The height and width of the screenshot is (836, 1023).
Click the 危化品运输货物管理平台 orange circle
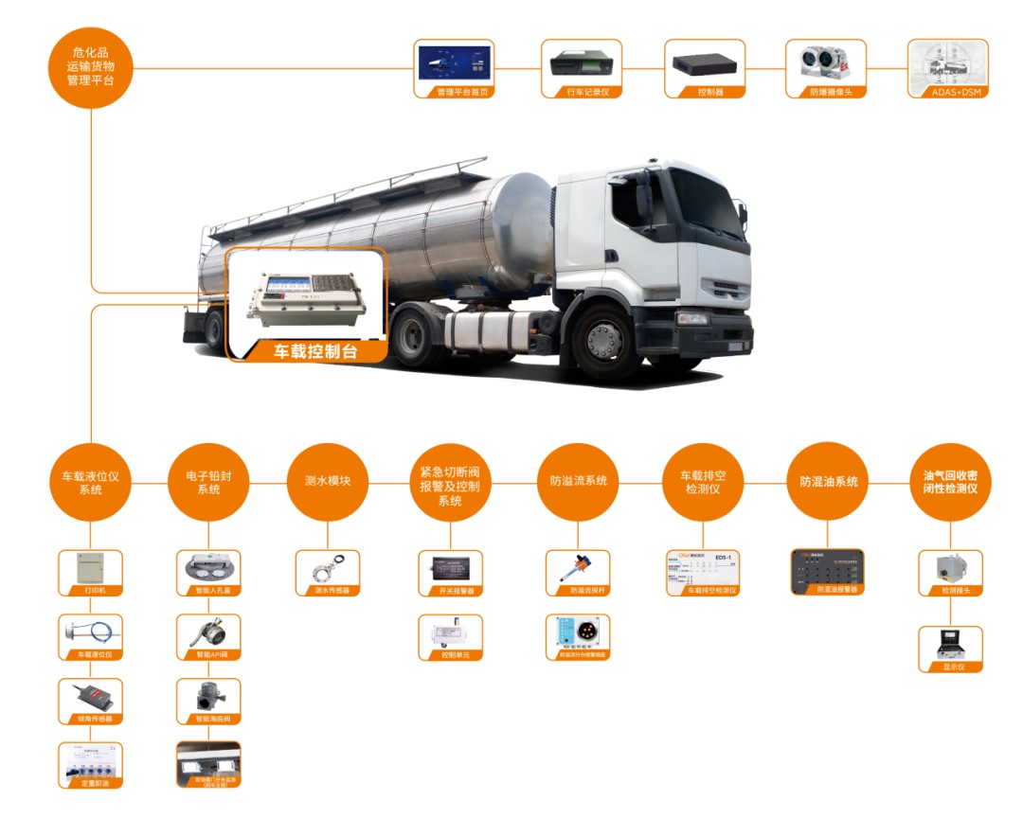91,67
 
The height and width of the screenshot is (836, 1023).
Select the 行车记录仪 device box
581,68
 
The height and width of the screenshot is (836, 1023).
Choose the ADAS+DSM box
947,68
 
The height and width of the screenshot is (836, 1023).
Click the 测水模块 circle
326,481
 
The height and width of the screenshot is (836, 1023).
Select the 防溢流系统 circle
578,481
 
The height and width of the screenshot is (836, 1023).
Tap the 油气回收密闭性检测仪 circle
950,481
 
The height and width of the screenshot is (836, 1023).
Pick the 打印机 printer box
91,573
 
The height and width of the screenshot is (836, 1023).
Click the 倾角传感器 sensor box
91,701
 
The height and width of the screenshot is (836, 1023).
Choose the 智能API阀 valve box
208,636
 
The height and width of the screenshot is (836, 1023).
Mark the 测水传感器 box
326,573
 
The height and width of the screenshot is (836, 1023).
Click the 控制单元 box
450,637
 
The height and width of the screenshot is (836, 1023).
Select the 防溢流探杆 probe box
578,573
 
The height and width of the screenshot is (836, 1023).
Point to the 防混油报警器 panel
828,571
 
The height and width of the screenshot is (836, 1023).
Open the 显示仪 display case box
950,649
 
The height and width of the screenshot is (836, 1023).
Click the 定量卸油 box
91,765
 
